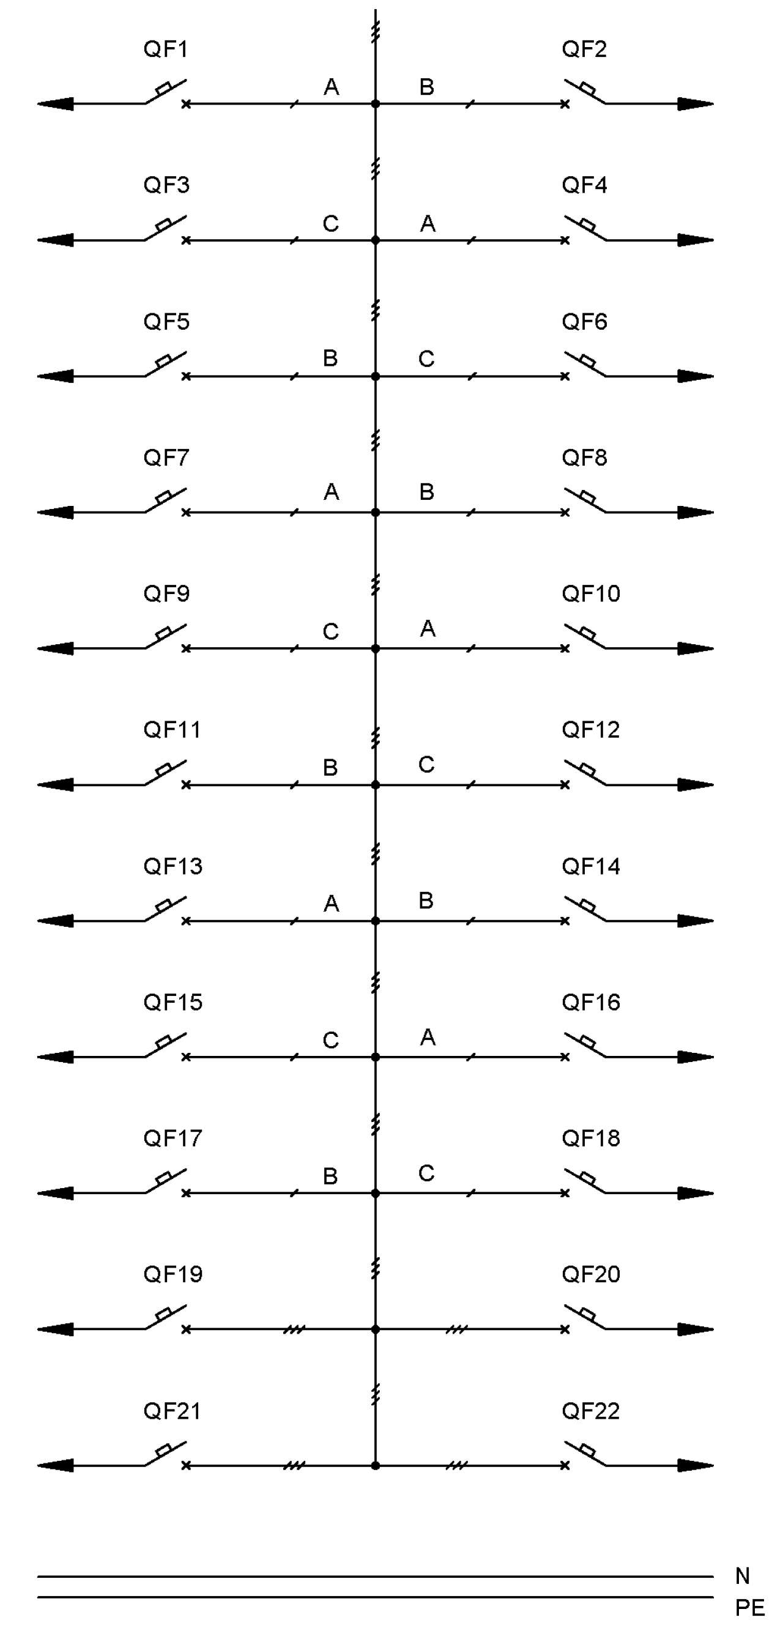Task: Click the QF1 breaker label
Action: [166, 49]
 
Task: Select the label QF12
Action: [590, 729]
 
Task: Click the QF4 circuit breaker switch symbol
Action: [585, 228]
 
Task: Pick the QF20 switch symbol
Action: [585, 1317]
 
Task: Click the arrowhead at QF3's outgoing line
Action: [55, 240]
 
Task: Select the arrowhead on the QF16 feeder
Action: [696, 1057]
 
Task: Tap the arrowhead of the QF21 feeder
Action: [55, 1465]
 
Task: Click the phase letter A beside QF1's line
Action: [331, 87]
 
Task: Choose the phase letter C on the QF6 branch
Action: [426, 359]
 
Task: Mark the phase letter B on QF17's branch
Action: [330, 1176]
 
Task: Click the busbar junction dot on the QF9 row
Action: [376, 648]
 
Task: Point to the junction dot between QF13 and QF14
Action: [376, 921]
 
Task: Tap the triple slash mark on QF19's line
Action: [294, 1329]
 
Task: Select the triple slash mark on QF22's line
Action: [456, 1465]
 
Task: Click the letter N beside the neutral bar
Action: [743, 1576]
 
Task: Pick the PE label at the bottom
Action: [750, 1608]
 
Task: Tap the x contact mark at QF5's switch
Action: [185, 376]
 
